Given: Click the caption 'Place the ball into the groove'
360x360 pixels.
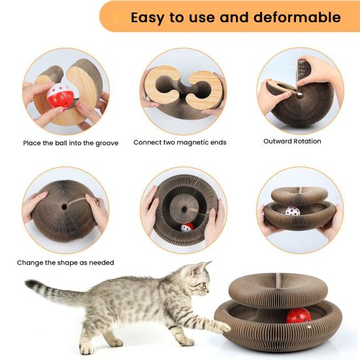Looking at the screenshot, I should (x=71, y=142).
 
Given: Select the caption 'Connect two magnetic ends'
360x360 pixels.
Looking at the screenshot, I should (x=180, y=142).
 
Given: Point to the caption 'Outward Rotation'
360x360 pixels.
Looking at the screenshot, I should (x=292, y=141).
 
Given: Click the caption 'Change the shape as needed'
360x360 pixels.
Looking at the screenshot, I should (x=65, y=263).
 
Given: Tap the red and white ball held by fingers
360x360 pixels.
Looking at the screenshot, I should (x=60, y=98).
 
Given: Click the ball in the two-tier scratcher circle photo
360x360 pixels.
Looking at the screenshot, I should (x=292, y=211).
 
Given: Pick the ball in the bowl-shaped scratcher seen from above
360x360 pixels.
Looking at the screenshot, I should (x=187, y=227).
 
